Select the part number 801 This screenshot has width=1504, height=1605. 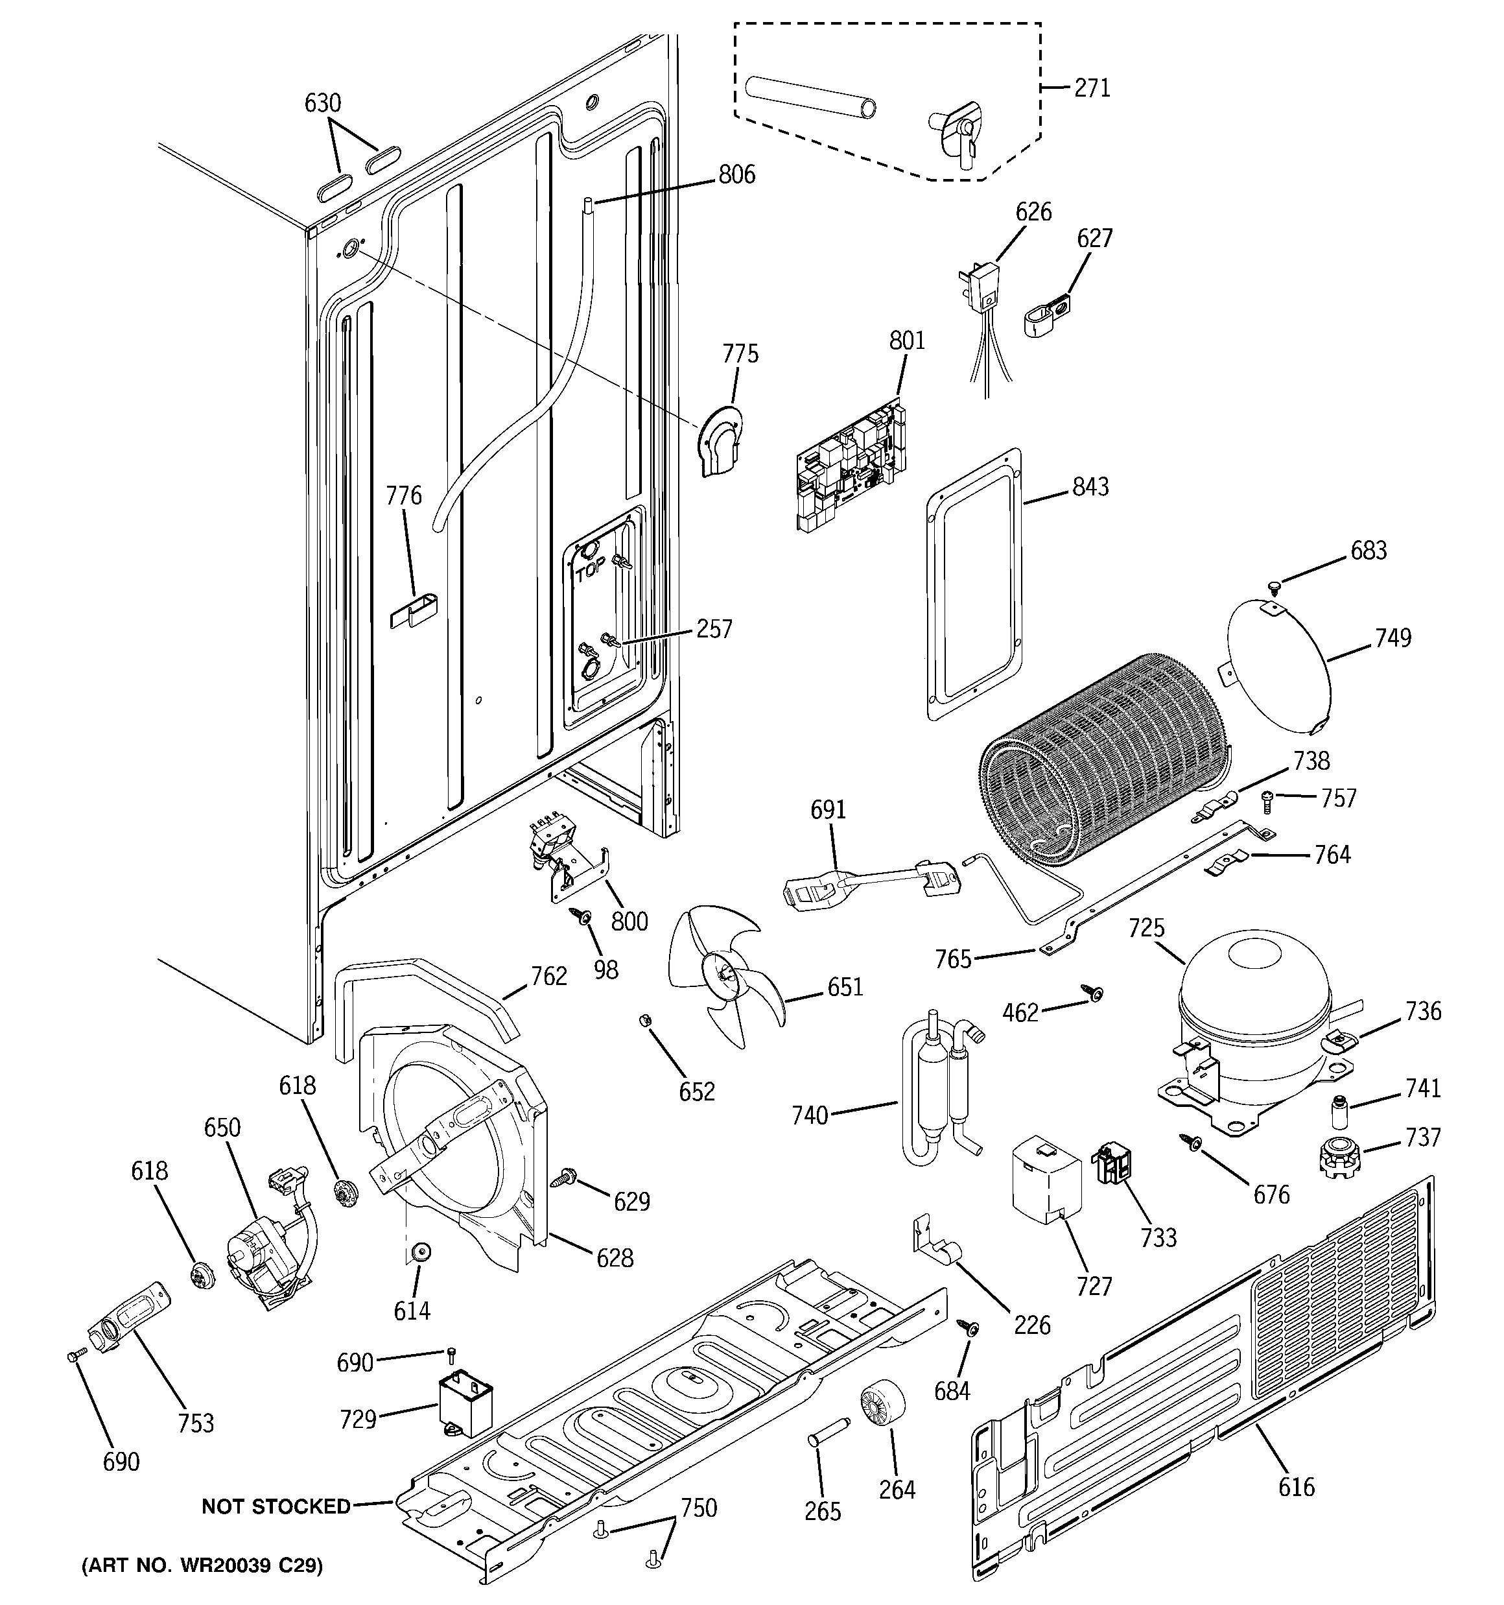pos(906,340)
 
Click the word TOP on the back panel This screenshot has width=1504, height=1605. pos(590,574)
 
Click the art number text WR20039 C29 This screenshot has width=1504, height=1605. pos(202,1566)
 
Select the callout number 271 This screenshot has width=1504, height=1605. pos(1092,87)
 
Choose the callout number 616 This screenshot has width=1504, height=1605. pos(1296,1486)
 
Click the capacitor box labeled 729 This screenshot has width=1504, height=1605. pos(465,1405)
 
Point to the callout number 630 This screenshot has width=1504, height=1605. pos(322,103)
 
